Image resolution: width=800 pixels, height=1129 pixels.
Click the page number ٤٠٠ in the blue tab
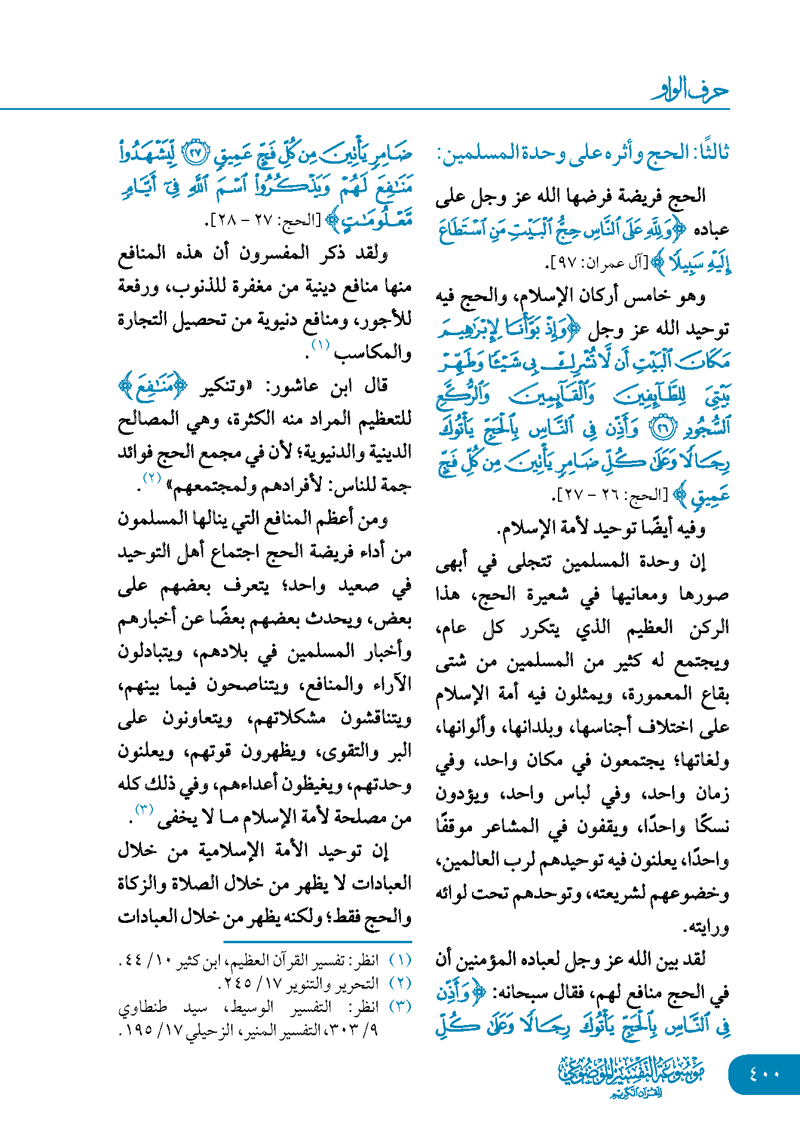pyautogui.click(x=764, y=1073)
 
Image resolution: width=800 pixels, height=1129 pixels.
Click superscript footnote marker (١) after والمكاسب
pyautogui.click(x=321, y=345)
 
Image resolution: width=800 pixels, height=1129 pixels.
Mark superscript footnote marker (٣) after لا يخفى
pyautogui.click(x=145, y=809)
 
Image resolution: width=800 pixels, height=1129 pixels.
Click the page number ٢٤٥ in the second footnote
pyautogui.click(x=239, y=983)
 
